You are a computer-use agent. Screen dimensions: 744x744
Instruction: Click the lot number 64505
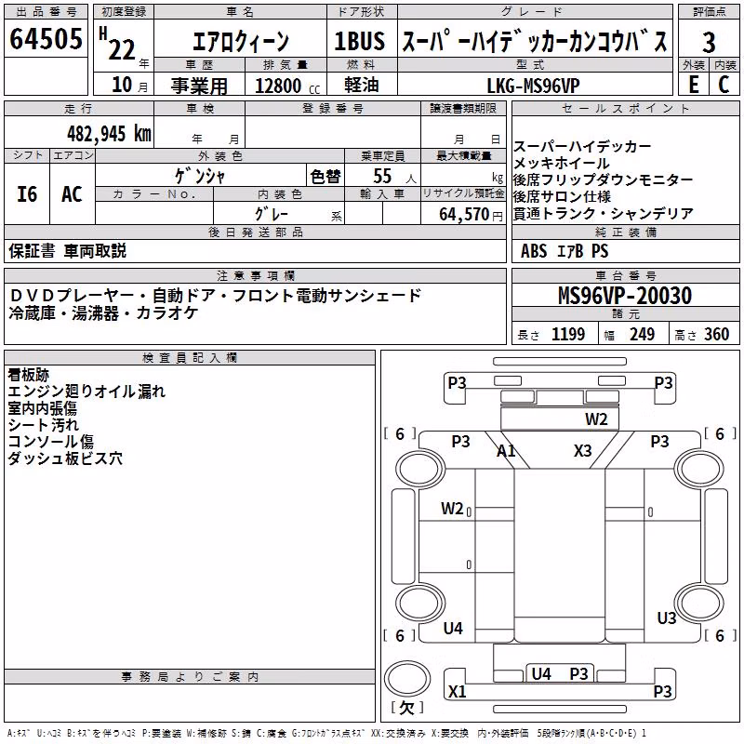coord(46,38)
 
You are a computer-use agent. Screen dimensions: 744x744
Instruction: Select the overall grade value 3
coord(709,43)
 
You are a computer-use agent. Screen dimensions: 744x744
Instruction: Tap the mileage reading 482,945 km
coord(109,134)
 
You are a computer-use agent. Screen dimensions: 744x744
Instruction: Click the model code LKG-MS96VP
coord(533,86)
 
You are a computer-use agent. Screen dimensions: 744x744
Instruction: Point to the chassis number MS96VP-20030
coord(625,296)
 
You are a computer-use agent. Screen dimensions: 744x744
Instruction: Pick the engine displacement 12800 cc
coord(287,86)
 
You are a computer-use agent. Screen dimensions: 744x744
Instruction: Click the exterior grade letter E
coord(694,85)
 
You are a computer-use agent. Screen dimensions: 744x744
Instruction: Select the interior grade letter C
coord(724,85)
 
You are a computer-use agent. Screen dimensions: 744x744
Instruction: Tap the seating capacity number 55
coord(382,176)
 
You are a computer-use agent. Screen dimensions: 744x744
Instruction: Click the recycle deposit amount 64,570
coord(464,215)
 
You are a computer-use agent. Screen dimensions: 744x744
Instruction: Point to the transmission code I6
coord(27,194)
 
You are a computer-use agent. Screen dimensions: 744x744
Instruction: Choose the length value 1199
coord(568,334)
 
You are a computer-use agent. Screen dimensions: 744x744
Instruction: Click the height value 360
coord(716,334)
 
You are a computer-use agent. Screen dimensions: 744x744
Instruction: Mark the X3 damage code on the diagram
coord(583,450)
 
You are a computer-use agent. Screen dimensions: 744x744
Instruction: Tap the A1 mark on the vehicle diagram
coord(506,450)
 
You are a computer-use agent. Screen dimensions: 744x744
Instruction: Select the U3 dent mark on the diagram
coord(666,618)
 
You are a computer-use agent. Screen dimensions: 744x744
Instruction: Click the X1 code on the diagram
coord(457,691)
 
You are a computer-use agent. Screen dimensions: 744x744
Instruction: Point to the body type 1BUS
coord(359,41)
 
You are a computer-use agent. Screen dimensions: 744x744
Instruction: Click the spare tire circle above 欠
coord(407,679)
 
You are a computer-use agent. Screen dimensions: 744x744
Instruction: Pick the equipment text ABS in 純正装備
coord(534,251)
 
